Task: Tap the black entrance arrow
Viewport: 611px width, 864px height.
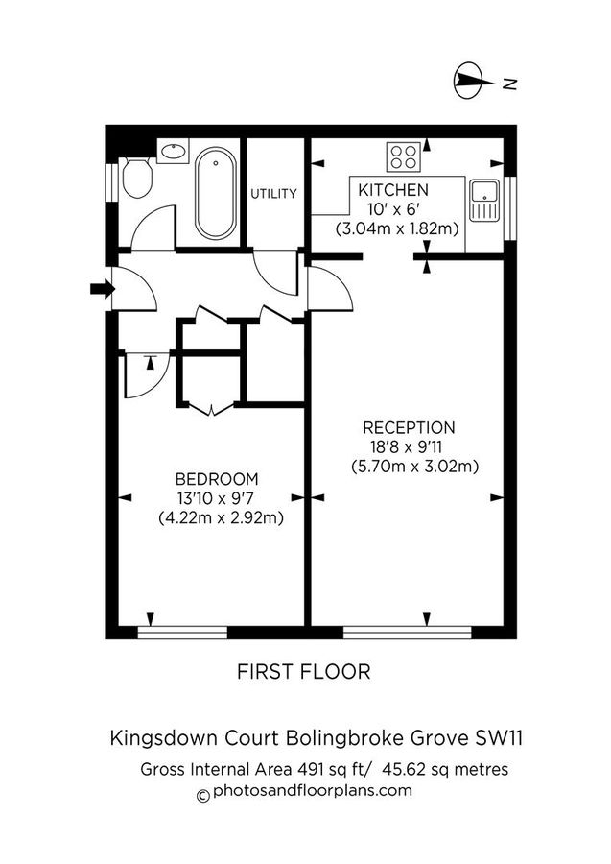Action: [100, 288]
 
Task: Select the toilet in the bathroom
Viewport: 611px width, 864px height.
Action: [137, 178]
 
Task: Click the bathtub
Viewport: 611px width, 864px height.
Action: [215, 195]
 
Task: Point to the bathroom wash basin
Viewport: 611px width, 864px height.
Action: [173, 151]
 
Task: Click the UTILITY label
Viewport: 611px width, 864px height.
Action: [274, 194]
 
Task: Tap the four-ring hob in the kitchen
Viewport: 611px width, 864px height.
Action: [401, 156]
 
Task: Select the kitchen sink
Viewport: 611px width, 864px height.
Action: [482, 201]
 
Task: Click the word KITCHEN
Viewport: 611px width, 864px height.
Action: [393, 190]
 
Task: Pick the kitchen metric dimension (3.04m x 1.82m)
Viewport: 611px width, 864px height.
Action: [396, 229]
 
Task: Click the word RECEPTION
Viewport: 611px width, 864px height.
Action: [409, 428]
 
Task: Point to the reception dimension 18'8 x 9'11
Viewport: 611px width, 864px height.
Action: [409, 447]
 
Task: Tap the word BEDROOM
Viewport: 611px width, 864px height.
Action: [216, 479]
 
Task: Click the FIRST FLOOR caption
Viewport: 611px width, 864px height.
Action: [303, 671]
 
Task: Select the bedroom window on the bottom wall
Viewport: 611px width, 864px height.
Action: [182, 632]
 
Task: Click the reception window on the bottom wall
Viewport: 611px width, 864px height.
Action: [408, 632]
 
